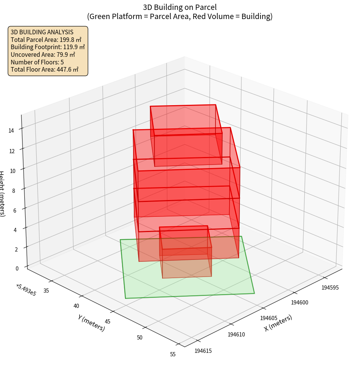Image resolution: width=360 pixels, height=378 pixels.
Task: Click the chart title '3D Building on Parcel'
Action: click(180, 7)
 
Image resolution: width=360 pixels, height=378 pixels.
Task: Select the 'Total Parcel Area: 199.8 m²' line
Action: click(46, 40)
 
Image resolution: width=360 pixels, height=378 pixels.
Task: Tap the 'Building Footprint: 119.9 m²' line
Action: click(48, 47)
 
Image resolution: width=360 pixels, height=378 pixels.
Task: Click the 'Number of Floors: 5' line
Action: click(37, 62)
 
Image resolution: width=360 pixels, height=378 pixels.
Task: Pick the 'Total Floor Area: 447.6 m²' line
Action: click(45, 69)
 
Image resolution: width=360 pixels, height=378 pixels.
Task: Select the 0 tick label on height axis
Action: click(17, 268)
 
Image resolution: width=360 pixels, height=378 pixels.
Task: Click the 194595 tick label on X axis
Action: click(330, 287)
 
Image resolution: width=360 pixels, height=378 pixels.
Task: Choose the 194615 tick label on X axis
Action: click(203, 351)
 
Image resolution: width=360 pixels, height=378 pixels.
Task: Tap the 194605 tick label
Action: click(268, 318)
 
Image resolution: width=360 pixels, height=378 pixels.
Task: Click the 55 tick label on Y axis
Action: click(173, 354)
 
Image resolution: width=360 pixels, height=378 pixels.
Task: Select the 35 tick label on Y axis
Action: click(46, 291)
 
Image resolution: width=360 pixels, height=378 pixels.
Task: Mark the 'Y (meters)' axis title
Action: click(91, 323)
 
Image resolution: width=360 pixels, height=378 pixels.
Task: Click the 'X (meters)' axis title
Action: click(278, 323)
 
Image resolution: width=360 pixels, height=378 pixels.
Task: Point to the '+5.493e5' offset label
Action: click(26, 290)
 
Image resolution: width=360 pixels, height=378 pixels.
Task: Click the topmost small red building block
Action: click(186, 135)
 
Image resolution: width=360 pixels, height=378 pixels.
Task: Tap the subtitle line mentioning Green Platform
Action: click(180, 16)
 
